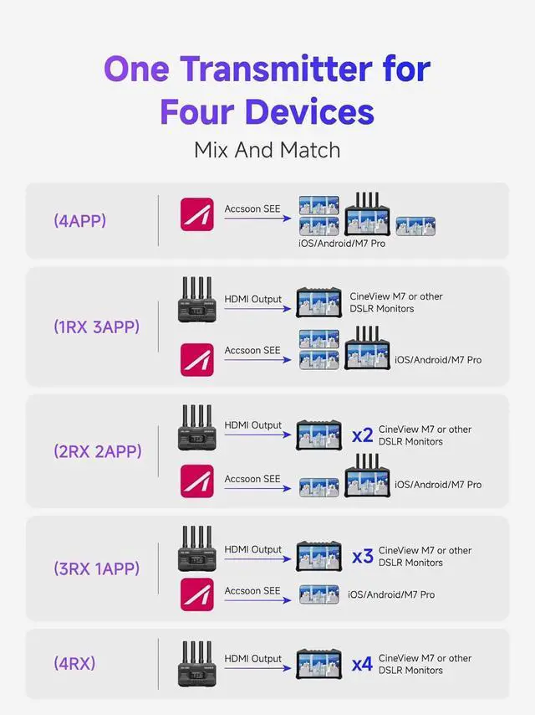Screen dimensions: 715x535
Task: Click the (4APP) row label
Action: click(79, 221)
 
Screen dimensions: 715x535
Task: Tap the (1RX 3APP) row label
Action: click(96, 327)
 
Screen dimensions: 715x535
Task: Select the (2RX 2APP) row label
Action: click(97, 451)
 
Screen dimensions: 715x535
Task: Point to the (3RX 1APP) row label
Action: click(96, 568)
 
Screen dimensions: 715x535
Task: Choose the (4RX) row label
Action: click(74, 664)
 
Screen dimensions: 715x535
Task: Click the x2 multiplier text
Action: click(362, 435)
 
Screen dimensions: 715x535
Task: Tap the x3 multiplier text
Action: click(362, 557)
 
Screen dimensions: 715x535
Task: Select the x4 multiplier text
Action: click(362, 665)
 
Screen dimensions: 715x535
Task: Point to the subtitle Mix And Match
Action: click(267, 151)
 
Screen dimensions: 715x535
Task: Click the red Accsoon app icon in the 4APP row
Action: click(197, 214)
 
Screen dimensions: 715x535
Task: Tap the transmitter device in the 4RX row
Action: click(197, 663)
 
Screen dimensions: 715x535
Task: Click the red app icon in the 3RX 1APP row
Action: click(197, 594)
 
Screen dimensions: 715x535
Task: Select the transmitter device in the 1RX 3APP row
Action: click(197, 301)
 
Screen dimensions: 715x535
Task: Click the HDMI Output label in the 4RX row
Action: click(253, 659)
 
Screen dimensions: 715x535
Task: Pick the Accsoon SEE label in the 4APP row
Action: click(252, 208)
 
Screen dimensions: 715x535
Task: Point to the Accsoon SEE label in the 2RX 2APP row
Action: click(252, 479)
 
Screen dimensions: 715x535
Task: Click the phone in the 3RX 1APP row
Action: click(319, 594)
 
